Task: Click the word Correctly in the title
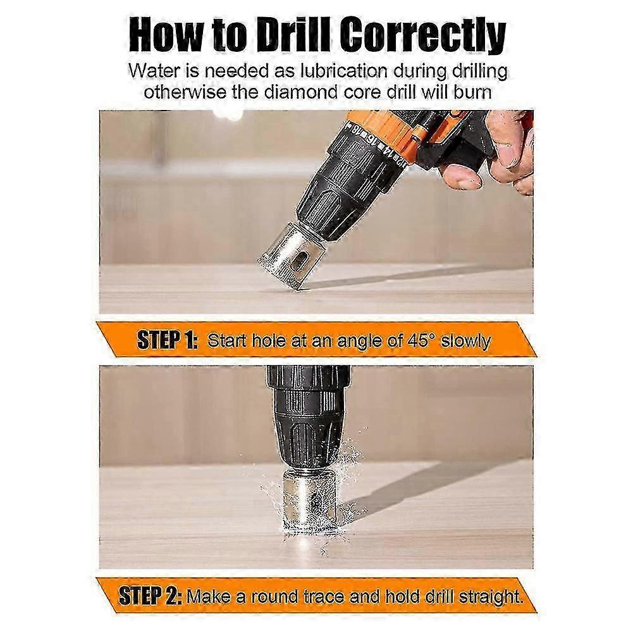422,36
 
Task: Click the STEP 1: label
167,340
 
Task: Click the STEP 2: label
150,596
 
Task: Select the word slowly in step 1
465,342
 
